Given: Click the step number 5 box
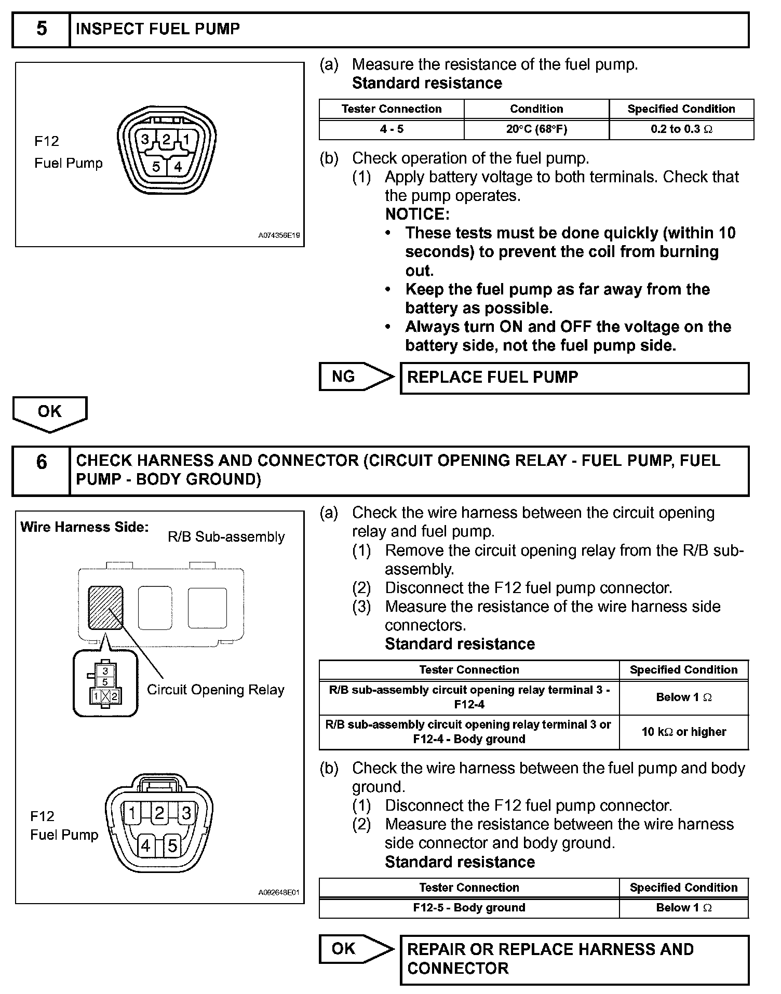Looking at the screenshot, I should click(x=41, y=30).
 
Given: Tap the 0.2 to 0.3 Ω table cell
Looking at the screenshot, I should click(x=681, y=129).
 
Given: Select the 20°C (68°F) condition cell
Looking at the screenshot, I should click(x=536, y=129).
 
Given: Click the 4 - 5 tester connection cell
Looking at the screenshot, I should click(x=392, y=129).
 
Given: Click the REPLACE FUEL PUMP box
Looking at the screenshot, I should click(x=574, y=378).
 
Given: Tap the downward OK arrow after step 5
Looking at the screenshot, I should click(x=50, y=413).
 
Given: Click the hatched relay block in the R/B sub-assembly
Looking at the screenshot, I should click(x=106, y=608).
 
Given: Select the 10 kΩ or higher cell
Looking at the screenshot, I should click(x=684, y=732).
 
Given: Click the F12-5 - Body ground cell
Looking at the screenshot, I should click(x=469, y=908).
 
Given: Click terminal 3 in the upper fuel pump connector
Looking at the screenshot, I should click(x=145, y=139).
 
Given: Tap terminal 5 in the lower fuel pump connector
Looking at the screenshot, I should click(x=172, y=846).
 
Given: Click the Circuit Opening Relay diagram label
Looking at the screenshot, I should click(x=216, y=690).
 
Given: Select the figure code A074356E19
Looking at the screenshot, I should click(x=279, y=236).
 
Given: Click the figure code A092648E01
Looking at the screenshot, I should click(x=279, y=893).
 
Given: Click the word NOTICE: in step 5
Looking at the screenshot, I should click(x=417, y=214).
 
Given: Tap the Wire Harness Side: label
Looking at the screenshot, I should click(x=85, y=527).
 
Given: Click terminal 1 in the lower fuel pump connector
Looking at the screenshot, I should click(x=133, y=813).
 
